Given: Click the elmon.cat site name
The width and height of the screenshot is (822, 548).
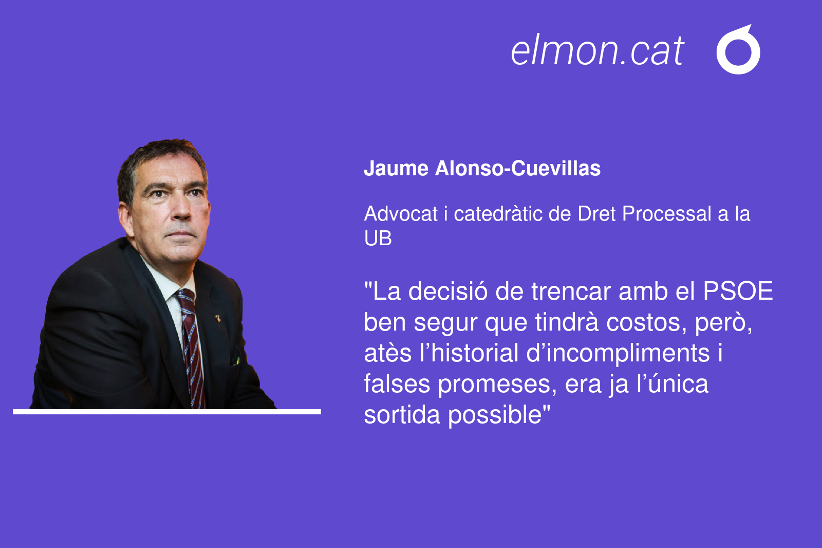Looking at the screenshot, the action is coord(597,50).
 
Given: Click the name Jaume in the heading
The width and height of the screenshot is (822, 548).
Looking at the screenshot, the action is coord(396,169).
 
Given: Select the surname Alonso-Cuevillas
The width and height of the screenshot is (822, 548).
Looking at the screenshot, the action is coord(518,169).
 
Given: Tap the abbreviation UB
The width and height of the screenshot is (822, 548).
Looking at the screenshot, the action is coord(378,238).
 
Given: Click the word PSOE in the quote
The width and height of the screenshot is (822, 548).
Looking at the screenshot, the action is coord(738,291).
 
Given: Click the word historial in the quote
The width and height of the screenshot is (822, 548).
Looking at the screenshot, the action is coord(475,353).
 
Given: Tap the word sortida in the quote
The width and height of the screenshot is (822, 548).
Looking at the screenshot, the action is coord(402,415).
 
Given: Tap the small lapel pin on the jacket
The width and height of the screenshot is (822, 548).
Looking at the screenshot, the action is coord(218,318).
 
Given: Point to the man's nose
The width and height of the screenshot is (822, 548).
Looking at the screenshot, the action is coord(181,208).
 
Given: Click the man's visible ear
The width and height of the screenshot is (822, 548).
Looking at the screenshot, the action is coord(125,220).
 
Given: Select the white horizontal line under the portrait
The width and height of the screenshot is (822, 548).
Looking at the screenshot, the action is coord(167,412).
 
